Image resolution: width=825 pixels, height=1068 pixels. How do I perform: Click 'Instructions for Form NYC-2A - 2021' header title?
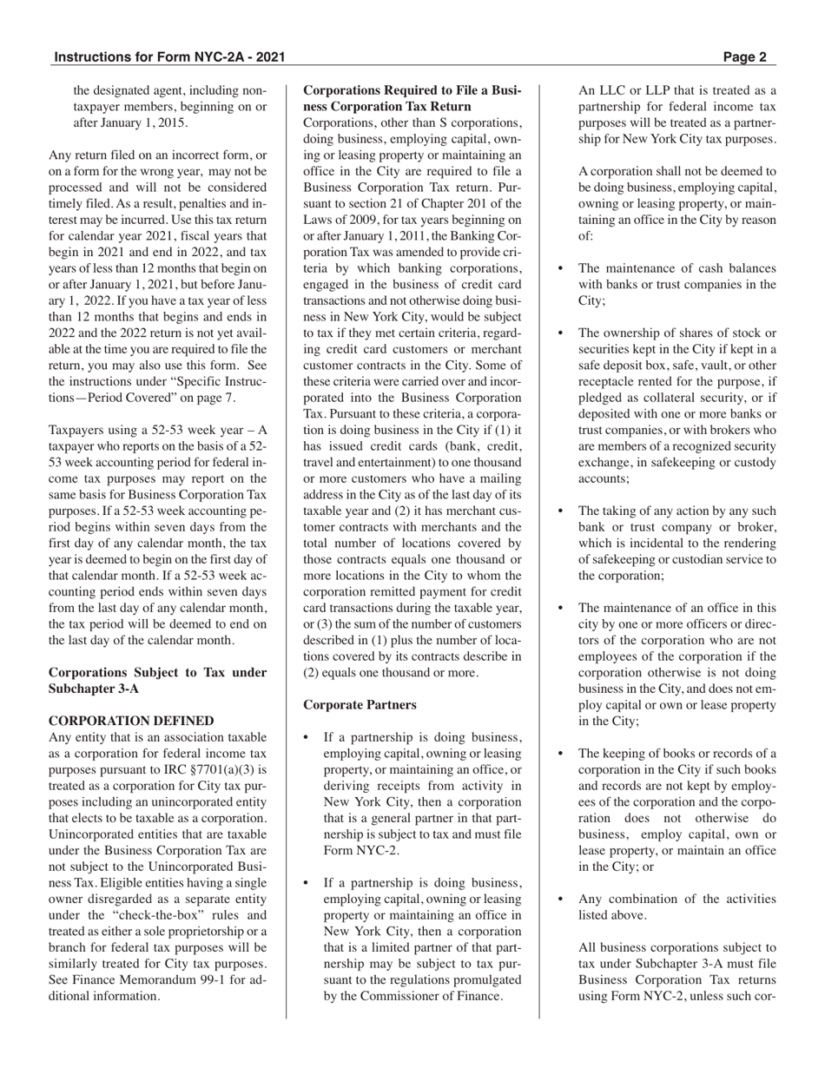[169, 58]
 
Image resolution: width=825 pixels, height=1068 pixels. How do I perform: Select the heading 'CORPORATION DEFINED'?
[131, 721]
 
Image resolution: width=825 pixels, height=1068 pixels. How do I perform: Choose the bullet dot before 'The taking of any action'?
[560, 511]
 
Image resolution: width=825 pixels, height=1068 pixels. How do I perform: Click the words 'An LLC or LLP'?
[623, 90]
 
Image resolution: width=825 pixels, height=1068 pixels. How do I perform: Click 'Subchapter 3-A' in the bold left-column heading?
[90, 689]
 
